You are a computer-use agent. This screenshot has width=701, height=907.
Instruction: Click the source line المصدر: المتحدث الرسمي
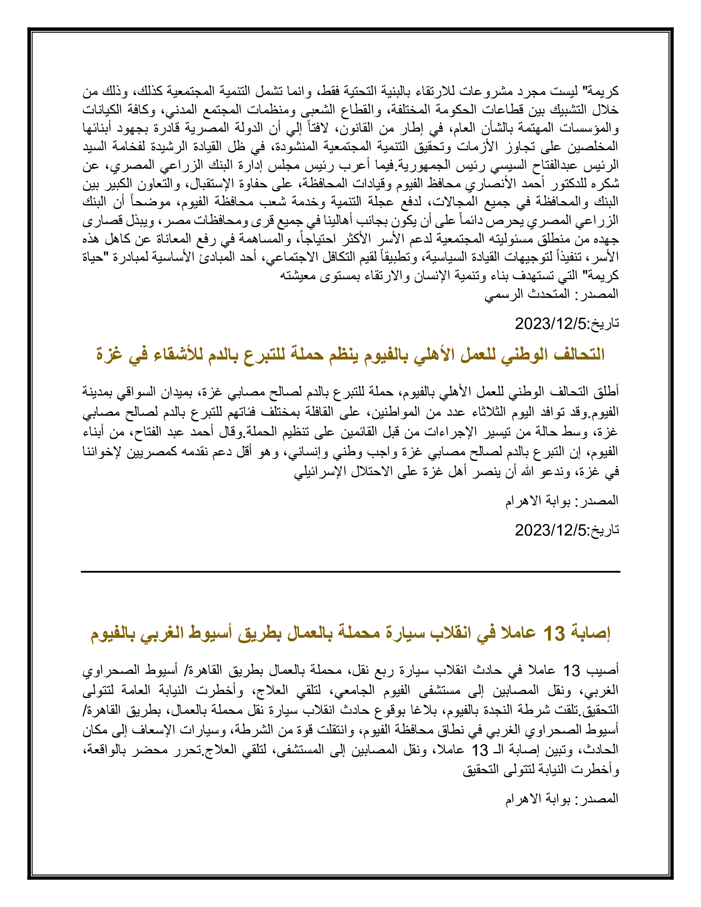click(x=551, y=294)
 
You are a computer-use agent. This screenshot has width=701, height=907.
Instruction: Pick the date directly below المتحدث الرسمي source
click(x=567, y=324)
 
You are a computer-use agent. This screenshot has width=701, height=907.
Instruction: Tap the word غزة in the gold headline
click(x=109, y=354)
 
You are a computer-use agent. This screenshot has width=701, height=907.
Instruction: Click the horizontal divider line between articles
click(x=350, y=572)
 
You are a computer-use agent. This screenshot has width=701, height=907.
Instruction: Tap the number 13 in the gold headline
click(x=554, y=633)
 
